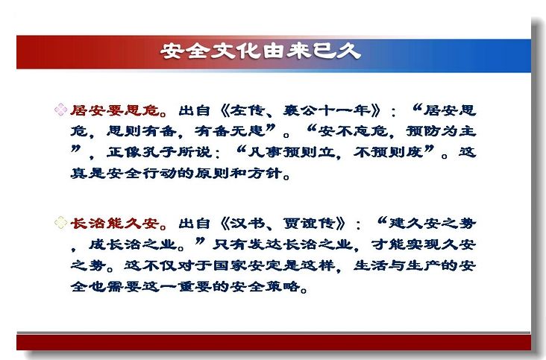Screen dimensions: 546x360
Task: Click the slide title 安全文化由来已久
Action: coord(260,51)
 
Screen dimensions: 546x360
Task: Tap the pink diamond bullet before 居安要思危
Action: coord(60,110)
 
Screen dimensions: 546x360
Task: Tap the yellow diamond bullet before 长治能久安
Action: coord(60,223)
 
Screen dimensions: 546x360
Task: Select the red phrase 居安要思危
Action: coord(115,110)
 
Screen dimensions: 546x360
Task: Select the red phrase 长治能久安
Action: coord(115,224)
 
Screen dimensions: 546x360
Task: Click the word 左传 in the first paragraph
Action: coord(248,110)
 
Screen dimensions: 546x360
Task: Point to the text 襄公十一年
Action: coord(327,110)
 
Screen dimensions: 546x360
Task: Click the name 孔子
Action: coord(159,152)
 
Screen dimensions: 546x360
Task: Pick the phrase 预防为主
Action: coord(441,131)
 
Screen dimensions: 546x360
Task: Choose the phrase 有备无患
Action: coord(230,131)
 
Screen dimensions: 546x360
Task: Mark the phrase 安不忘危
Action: coord(353,131)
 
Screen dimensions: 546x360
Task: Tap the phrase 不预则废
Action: coord(389,152)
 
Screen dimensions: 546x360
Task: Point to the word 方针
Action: coord(265,173)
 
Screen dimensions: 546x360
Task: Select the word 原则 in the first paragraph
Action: coord(212,173)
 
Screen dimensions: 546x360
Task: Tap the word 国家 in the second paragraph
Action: coord(230,266)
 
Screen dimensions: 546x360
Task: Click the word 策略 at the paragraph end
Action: coord(283,287)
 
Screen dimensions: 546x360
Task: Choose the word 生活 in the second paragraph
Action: coord(371,266)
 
